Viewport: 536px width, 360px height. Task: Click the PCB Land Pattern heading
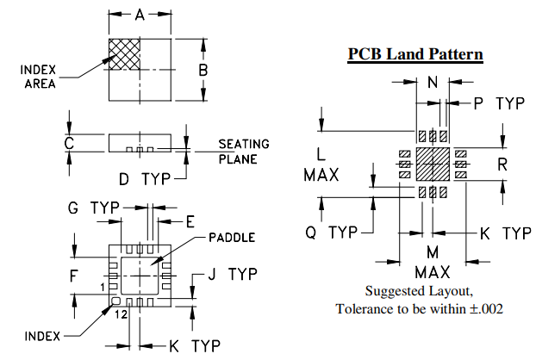point(415,54)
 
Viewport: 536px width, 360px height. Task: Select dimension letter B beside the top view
point(203,69)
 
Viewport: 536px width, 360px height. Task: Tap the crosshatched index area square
point(124,53)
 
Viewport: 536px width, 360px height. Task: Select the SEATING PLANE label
point(244,151)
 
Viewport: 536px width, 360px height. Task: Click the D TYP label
point(142,178)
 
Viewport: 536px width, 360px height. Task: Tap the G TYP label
point(93,208)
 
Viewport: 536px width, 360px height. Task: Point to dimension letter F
point(74,276)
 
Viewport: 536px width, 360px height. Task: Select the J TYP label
point(233,275)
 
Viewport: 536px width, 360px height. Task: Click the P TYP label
point(499,103)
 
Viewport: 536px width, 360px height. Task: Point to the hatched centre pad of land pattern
point(433,164)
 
